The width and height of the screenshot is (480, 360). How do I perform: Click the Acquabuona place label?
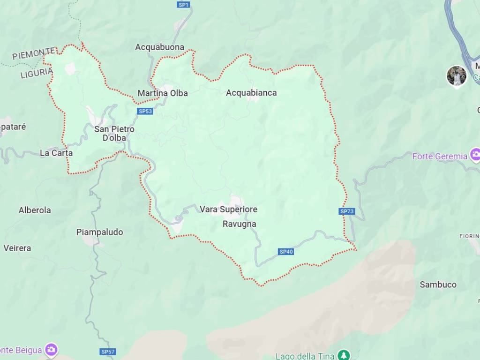159,47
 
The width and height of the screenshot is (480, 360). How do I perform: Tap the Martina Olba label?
163,93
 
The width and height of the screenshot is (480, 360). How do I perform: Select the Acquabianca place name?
251,93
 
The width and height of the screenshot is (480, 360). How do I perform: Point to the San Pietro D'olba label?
114,133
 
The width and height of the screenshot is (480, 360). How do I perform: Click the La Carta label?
56,153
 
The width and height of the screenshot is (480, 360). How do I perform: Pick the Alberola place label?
35,210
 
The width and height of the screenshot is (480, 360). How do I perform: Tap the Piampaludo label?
99,232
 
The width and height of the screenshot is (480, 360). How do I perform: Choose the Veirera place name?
17,248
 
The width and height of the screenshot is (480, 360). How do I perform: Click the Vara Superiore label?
228,210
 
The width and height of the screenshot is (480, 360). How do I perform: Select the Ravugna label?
239,224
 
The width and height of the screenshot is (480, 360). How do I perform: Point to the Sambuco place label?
438,285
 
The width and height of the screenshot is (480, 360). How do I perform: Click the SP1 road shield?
183,5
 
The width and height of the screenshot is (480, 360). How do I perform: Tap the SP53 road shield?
145,111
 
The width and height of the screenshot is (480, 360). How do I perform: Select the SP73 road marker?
347,211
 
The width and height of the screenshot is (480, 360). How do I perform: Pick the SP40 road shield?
286,252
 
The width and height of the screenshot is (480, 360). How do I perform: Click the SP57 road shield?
108,352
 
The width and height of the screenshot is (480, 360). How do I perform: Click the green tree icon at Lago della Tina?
345,355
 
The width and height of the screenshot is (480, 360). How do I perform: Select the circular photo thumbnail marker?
456,75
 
